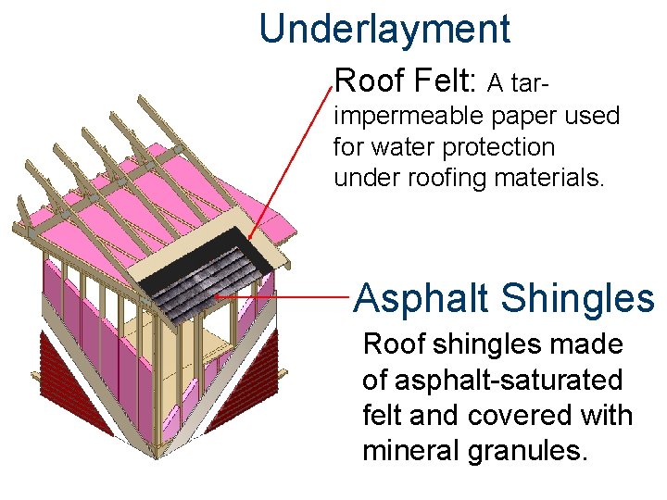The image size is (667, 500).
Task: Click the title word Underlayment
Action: [x=384, y=29]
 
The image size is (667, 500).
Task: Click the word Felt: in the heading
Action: [x=439, y=81]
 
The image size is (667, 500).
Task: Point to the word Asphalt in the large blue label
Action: [x=422, y=298]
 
